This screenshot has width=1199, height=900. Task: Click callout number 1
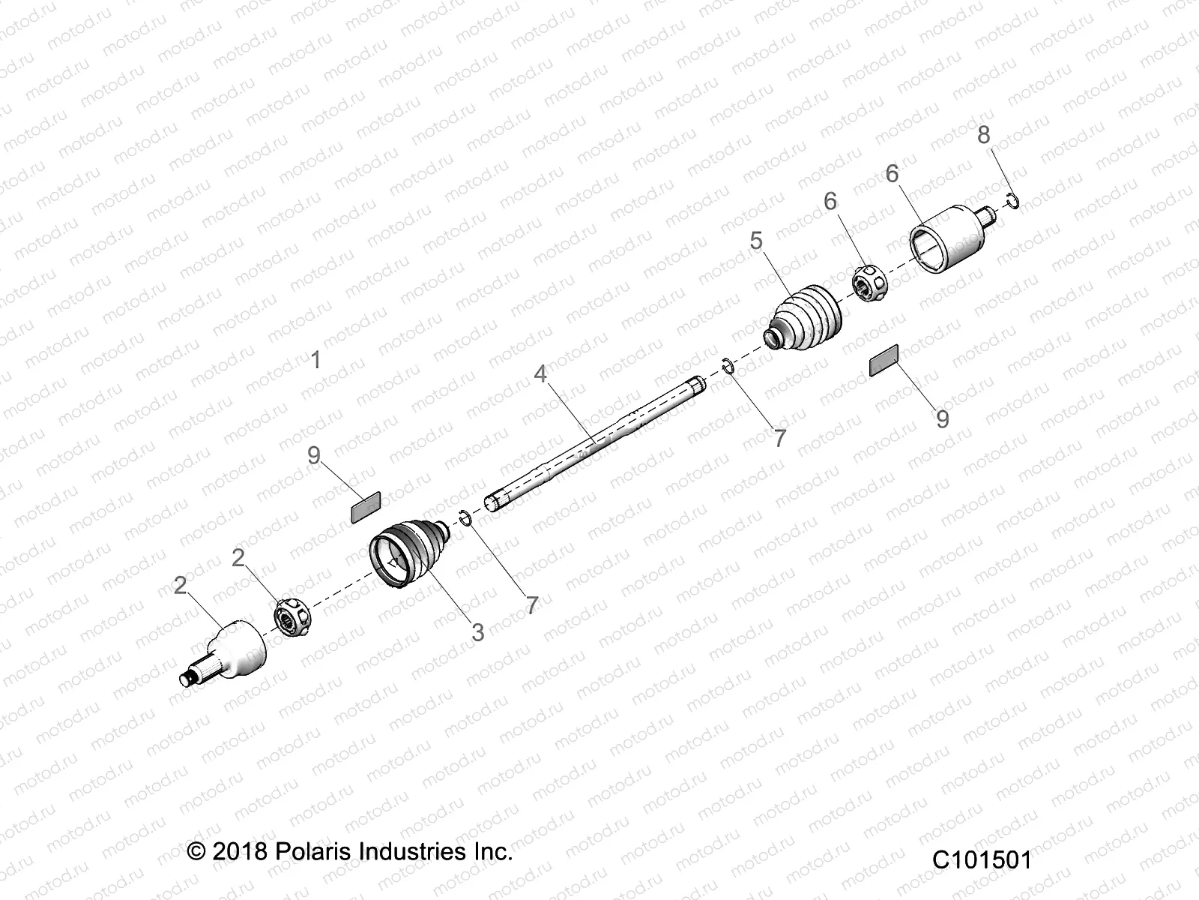315,360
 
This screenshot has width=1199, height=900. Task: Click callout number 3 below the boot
477,631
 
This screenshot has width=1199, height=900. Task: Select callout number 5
755,241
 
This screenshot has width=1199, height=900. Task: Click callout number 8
983,135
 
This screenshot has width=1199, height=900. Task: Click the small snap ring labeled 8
1012,199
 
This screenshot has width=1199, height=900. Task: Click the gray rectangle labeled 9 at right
884,360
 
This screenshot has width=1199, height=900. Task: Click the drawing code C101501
982,859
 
